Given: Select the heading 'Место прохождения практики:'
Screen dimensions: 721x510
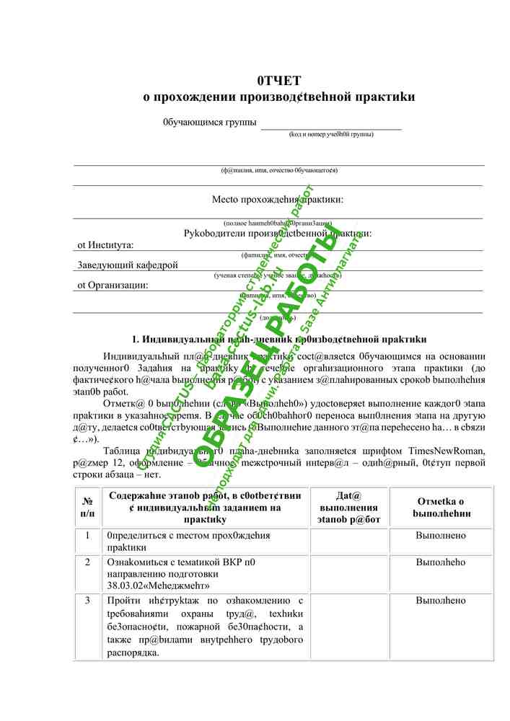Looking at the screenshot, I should [278, 199].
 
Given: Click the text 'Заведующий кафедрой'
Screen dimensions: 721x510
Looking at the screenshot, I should [127, 265].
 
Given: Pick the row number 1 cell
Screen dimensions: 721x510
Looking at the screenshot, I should [87, 536].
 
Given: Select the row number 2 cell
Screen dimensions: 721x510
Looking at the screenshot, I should [87, 562].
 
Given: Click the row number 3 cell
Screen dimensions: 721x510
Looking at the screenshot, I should [87, 601].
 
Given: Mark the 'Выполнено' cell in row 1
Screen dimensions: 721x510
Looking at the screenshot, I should [441, 536].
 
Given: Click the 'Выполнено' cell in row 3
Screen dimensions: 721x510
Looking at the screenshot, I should [441, 601].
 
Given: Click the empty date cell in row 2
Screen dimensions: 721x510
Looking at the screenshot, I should [348, 574].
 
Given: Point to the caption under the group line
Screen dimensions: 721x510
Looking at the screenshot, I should [331, 134].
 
